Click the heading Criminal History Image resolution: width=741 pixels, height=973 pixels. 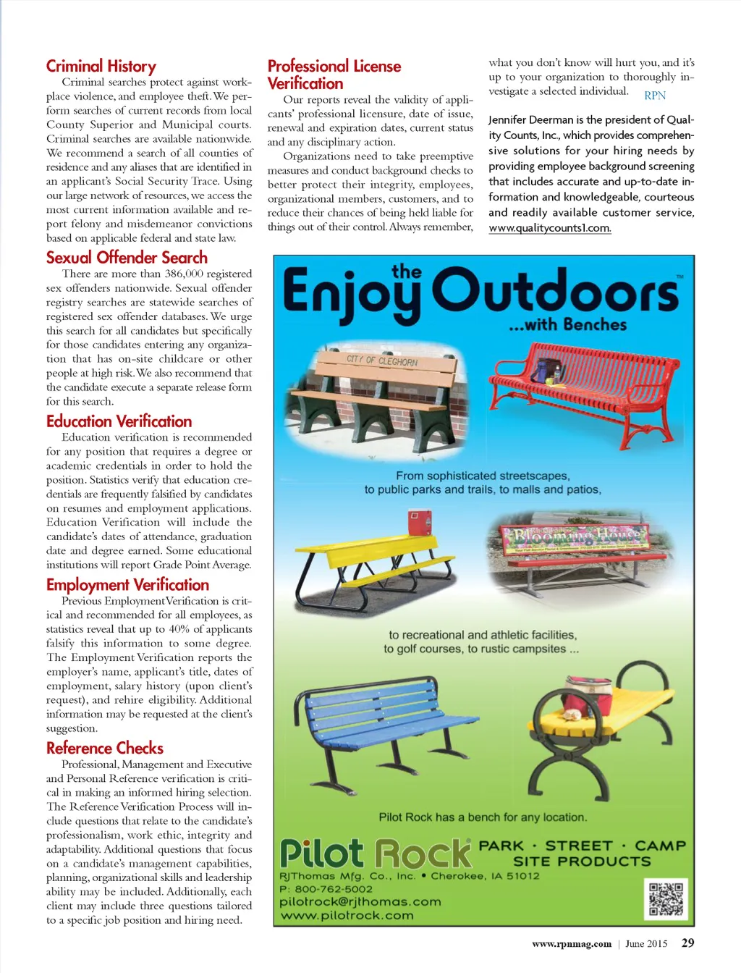[101, 67]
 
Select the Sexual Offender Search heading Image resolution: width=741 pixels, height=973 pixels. [127, 258]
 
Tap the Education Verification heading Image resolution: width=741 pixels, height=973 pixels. [119, 421]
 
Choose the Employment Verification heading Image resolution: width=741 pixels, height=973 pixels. [127, 585]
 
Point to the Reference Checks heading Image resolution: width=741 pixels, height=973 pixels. [105, 748]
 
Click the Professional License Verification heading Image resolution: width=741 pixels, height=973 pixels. [334, 75]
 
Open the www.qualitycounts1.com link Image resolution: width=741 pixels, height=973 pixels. [549, 228]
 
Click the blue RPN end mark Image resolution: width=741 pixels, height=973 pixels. [655, 96]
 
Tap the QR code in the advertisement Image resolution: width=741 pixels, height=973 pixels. [666, 899]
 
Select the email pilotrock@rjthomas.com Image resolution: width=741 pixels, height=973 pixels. [360, 902]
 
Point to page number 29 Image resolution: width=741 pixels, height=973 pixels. [687, 943]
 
